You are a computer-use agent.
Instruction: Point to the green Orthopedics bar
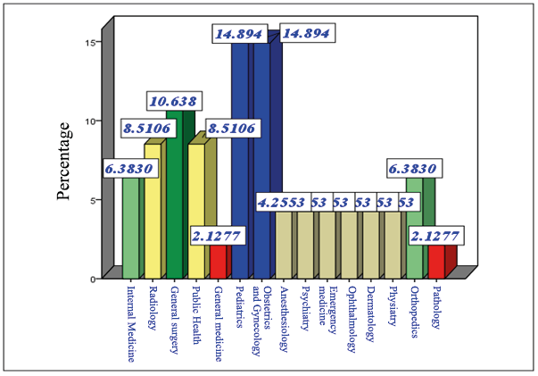coord(414,228)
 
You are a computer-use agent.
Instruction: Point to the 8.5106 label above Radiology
coord(146,129)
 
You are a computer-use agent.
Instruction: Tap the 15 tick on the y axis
coord(91,42)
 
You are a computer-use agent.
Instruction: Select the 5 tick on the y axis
coord(93,200)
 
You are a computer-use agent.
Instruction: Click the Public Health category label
coord(196,309)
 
